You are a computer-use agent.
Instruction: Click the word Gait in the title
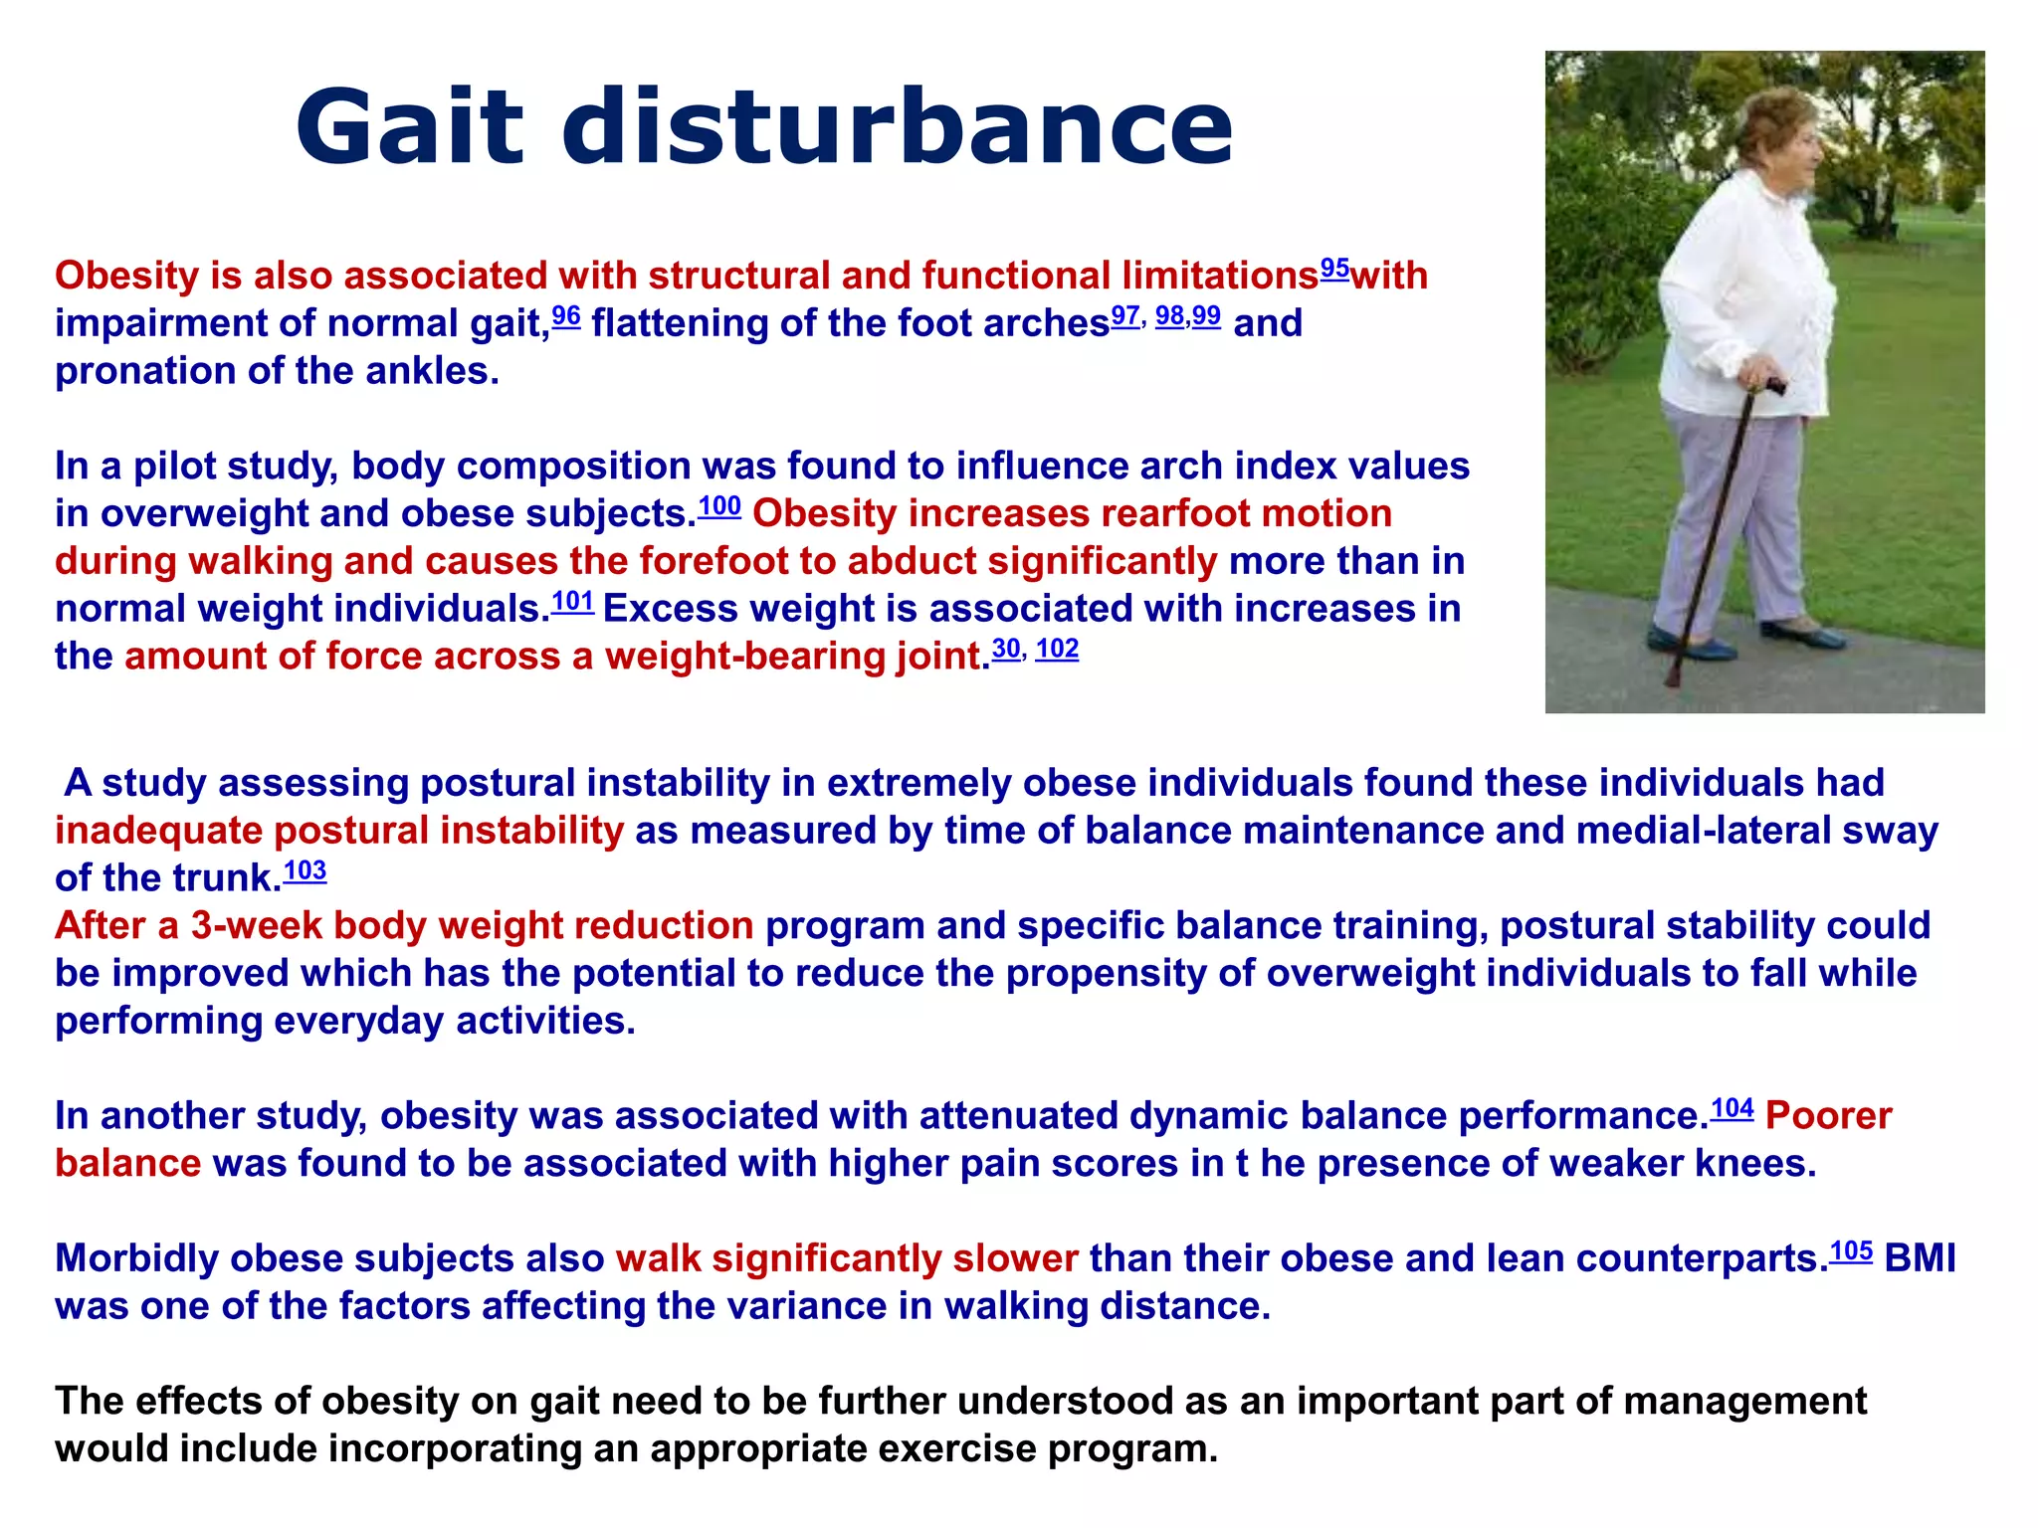409,127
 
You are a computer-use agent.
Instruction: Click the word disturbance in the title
897,127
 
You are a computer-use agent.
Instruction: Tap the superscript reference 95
1334,269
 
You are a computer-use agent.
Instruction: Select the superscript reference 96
565,316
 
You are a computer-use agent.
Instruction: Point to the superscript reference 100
718,506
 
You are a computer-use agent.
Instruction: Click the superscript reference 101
572,602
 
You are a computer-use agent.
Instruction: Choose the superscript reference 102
1057,649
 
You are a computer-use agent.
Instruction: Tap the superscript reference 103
305,871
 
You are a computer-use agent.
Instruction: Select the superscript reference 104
1732,1109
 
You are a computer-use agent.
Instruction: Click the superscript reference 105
1851,1251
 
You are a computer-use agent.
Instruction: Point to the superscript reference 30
1006,649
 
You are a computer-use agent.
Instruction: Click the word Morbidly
136,1259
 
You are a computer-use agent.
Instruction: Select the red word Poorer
1828,1116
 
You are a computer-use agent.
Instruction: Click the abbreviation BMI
1920,1259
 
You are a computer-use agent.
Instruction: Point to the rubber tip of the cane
1674,680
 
